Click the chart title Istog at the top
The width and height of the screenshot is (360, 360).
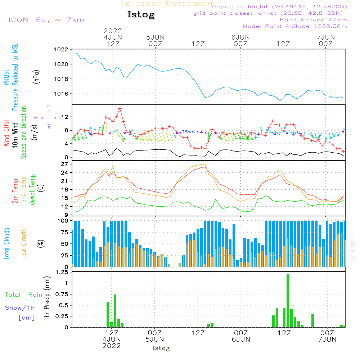(141, 15)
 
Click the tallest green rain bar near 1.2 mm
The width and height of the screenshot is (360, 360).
(288, 301)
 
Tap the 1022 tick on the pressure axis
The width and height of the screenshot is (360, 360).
(60, 50)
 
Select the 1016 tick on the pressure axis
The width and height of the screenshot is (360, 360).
(60, 94)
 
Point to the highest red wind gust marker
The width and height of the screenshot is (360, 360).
(120, 108)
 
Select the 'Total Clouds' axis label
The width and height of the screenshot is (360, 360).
(7, 244)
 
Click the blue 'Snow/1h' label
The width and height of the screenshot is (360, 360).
(20, 308)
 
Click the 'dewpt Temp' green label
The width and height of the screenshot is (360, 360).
(32, 190)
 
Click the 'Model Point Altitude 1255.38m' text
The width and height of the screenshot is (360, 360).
(295, 26)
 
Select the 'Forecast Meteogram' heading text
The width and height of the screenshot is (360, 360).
(168, 4)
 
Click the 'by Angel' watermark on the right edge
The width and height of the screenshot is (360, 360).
(352, 249)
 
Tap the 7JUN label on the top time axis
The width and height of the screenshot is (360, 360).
(325, 37)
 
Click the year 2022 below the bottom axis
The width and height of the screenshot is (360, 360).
(112, 346)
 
